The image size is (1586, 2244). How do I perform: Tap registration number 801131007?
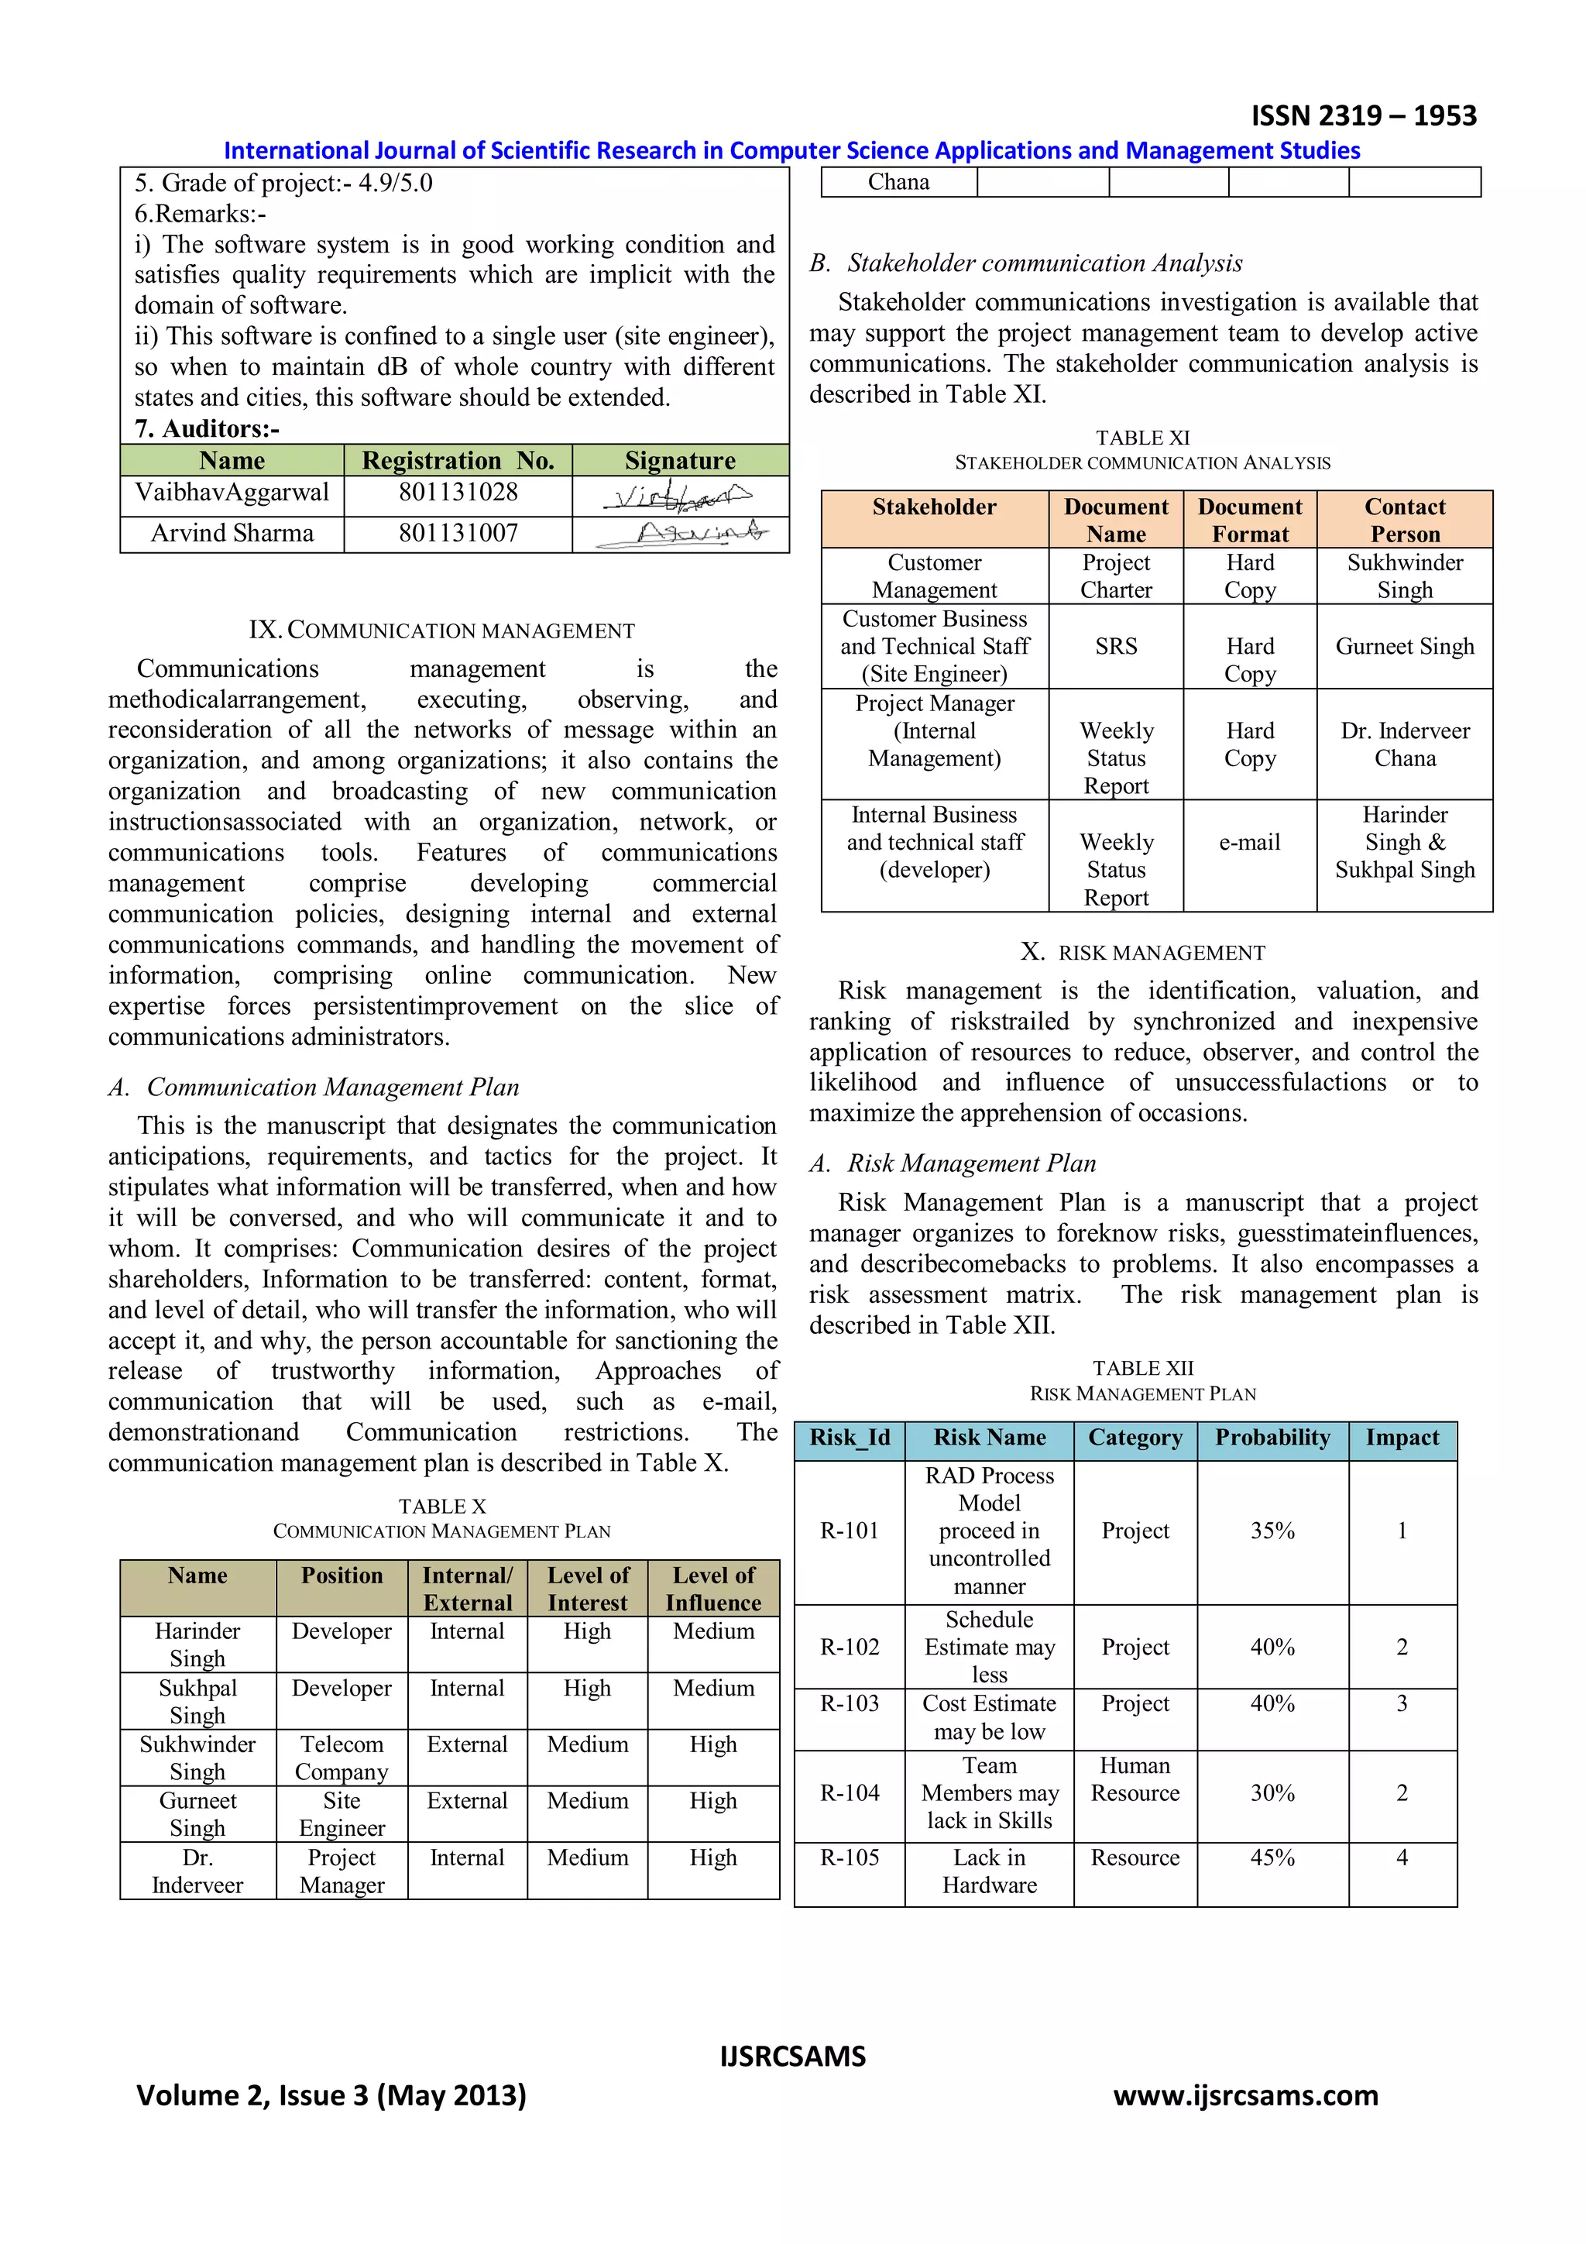pyautogui.click(x=458, y=533)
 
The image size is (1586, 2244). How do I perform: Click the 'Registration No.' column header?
pyautogui.click(x=458, y=460)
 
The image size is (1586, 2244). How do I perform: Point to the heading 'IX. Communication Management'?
pyautogui.click(x=441, y=631)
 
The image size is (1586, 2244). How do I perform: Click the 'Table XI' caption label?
pyautogui.click(x=1142, y=438)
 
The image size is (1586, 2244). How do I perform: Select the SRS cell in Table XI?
pyautogui.click(x=1116, y=646)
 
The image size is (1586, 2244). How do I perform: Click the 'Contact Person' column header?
pyautogui.click(x=1404, y=520)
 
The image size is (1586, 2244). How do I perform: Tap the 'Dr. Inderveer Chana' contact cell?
pyautogui.click(x=1404, y=744)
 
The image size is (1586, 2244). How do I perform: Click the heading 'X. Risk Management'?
pyautogui.click(x=1142, y=952)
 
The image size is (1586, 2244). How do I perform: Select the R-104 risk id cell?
pyautogui.click(x=850, y=1792)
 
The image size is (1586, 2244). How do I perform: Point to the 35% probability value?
pyautogui.click(x=1272, y=1531)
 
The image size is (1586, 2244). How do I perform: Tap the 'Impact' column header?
pyautogui.click(x=1402, y=1438)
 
